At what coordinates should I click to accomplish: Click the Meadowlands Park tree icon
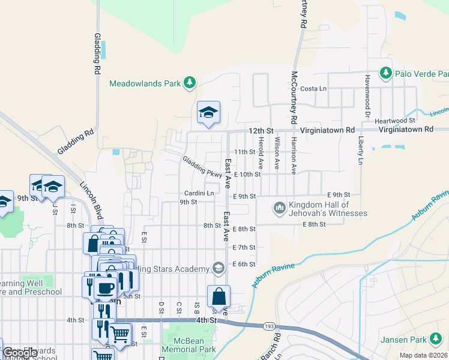point(190,83)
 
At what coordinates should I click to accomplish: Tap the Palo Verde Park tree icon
point(384,74)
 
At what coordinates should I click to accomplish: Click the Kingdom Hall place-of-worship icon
point(279,208)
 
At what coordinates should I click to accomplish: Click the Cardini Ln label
point(199,193)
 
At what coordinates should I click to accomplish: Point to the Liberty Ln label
point(361,151)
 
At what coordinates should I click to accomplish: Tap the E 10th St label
point(247,175)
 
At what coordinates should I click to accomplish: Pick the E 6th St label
point(244,264)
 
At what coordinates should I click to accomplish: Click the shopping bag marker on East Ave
point(218,297)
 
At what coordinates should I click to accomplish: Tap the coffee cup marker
point(106,287)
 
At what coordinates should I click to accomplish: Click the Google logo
point(20,353)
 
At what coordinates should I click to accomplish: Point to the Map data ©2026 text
point(423,355)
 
